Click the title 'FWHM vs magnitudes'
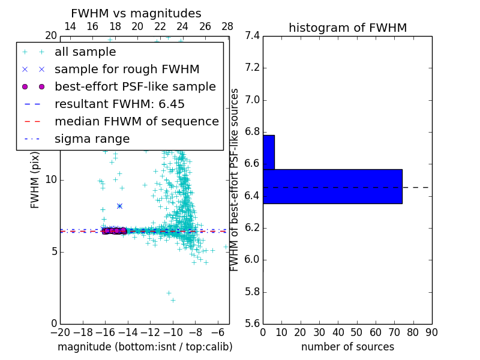(x=136, y=13)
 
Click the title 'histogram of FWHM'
(x=347, y=28)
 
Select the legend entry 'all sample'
(x=85, y=52)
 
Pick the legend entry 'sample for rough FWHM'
(x=127, y=70)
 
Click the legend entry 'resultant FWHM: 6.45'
(x=116, y=104)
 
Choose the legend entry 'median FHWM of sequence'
(x=136, y=121)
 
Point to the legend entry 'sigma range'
(x=92, y=139)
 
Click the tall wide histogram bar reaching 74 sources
(x=332, y=186)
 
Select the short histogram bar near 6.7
(x=268, y=152)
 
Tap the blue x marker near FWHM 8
(x=119, y=206)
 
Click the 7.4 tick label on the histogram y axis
(x=252, y=36)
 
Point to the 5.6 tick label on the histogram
(x=252, y=324)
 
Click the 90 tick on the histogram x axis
(x=431, y=332)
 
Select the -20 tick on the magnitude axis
(x=60, y=332)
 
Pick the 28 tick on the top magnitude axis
(x=227, y=26)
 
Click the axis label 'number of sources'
(x=347, y=347)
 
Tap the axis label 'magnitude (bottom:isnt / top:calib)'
(x=145, y=347)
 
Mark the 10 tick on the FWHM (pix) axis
(x=50, y=180)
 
